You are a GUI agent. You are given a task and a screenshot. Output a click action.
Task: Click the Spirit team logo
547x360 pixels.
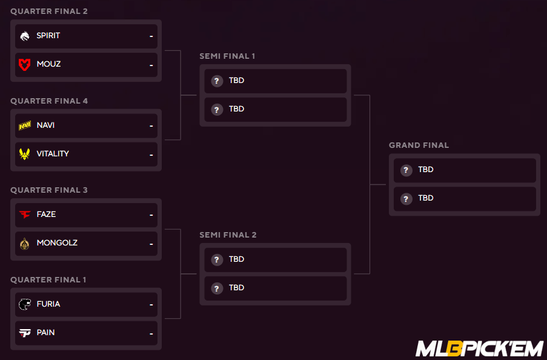24,36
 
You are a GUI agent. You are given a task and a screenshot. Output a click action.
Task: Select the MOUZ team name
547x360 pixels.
48,64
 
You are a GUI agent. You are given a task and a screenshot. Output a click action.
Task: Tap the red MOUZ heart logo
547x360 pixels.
24,65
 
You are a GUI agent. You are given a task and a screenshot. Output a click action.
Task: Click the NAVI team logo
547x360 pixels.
25,125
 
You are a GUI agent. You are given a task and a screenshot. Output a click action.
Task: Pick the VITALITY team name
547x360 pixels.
53,154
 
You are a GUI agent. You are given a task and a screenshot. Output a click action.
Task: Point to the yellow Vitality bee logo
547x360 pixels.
24,154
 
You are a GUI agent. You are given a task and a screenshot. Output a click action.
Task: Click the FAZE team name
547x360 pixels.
46,215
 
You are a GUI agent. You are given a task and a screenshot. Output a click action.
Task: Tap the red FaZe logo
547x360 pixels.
25,215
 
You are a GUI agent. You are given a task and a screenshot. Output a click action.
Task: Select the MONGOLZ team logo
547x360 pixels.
24,244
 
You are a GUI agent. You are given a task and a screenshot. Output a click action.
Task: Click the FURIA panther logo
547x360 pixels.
25,304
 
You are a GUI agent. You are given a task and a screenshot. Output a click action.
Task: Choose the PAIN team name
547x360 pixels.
45,332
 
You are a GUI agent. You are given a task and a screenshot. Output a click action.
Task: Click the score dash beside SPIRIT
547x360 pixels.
151,36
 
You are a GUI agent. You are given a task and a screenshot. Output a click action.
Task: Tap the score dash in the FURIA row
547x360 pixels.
151,305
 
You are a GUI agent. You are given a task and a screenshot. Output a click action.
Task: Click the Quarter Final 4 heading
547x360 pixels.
49,101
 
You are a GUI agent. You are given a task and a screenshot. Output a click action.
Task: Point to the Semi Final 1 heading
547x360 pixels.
227,56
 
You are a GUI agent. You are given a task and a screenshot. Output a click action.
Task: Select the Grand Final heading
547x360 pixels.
419,145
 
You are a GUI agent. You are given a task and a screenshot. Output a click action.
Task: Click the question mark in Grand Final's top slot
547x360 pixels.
406,170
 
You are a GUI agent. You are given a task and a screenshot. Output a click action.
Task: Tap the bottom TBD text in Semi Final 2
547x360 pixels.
236,288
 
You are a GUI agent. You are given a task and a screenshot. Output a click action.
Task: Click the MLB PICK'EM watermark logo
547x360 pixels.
480,349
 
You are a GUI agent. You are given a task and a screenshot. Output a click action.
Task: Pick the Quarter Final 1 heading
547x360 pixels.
48,279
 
